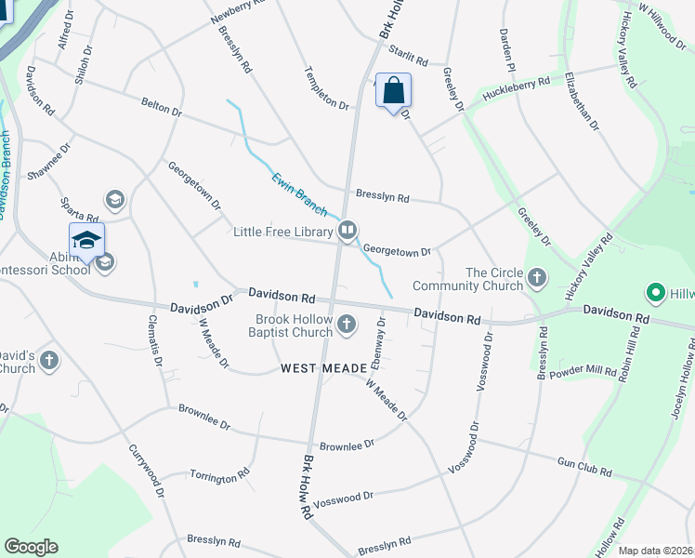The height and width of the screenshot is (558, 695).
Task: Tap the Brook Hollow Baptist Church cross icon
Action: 347,325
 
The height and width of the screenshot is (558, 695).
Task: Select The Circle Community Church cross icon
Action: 537,278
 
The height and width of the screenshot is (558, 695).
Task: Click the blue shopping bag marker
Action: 393,92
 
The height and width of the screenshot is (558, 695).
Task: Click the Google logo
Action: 31,547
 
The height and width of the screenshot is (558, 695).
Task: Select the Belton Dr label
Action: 161,108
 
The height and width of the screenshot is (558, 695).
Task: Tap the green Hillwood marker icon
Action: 656,294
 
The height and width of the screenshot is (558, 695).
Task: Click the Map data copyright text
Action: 656,551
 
